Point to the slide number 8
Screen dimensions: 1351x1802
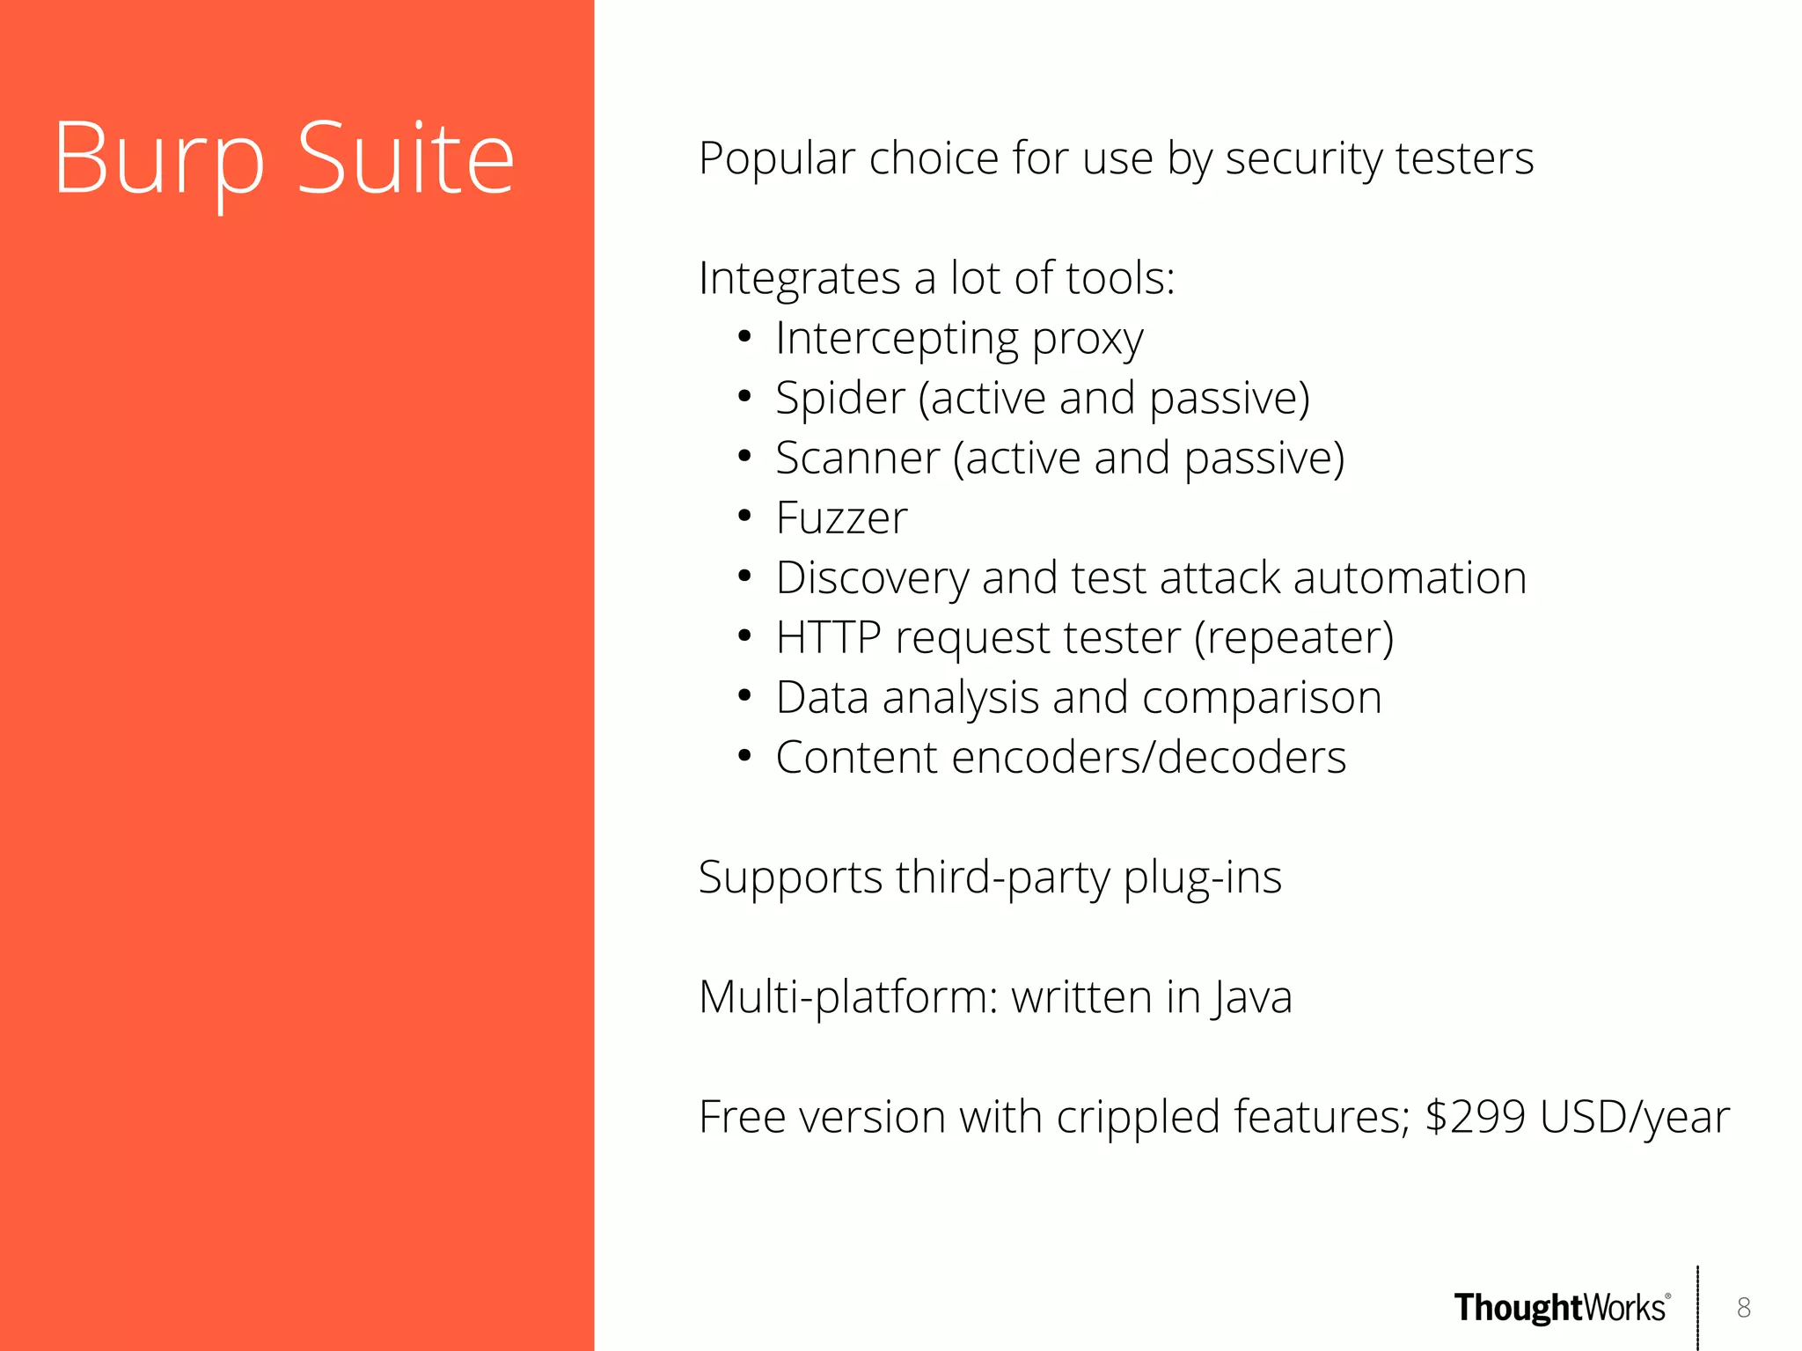(1744, 1308)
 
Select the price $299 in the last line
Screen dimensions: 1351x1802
(1475, 1116)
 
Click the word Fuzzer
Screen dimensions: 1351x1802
(841, 518)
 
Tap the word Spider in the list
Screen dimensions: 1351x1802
(839, 398)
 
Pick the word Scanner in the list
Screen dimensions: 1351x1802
(858, 458)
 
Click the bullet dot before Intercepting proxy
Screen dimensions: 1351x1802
(744, 337)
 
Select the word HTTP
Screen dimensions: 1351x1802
(828, 637)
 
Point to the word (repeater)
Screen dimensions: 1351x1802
(1293, 637)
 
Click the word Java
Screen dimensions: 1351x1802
(1251, 997)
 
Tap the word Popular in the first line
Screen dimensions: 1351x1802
(776, 158)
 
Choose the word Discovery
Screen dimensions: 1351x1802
(872, 578)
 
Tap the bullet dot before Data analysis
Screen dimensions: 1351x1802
(744, 697)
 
